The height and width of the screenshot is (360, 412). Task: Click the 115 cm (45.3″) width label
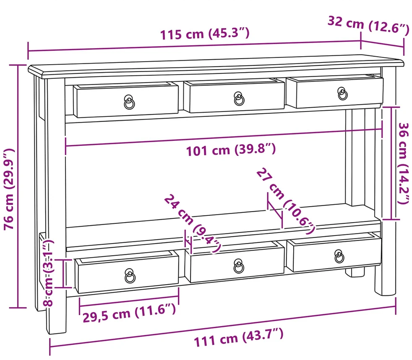[x=205, y=34]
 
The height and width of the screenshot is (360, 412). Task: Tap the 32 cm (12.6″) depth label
[x=368, y=25]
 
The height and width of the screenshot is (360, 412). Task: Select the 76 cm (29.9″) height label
[x=9, y=189]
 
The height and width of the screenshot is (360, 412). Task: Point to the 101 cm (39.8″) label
[x=231, y=150]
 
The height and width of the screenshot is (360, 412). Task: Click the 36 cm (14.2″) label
[x=403, y=163]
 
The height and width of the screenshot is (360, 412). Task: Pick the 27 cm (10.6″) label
[x=285, y=200]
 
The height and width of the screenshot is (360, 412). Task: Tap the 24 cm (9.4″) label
[x=193, y=223]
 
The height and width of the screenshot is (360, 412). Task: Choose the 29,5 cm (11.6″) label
[x=129, y=313]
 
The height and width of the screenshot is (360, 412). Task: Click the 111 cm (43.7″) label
[x=239, y=338]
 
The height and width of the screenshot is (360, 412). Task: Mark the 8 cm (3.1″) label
[x=48, y=273]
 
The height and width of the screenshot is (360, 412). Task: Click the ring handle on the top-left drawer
[x=129, y=102]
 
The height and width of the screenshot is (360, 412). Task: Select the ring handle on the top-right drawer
[x=342, y=94]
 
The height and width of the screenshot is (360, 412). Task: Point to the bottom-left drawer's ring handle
[x=130, y=276]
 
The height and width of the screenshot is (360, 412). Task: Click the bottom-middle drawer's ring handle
[x=239, y=266]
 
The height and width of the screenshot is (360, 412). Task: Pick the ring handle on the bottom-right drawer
[x=339, y=256]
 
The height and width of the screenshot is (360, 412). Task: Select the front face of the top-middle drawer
[x=234, y=98]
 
